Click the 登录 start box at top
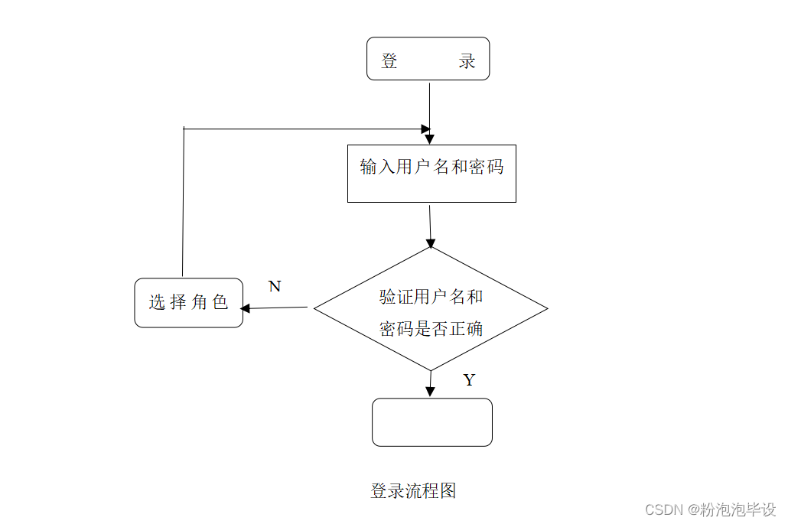(x=428, y=59)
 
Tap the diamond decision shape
(x=431, y=309)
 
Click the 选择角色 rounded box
(x=188, y=303)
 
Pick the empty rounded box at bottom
(x=431, y=422)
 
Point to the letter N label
(x=275, y=287)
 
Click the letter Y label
(x=469, y=380)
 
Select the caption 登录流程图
(x=413, y=491)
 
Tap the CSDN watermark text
(x=710, y=509)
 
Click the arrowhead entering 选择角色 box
(x=246, y=309)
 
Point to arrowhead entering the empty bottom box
(x=430, y=391)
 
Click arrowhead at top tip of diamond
(x=431, y=242)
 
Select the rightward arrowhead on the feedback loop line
(x=425, y=129)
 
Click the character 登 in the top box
(x=389, y=62)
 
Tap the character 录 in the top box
(x=467, y=62)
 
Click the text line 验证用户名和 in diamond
(x=431, y=297)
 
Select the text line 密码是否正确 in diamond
(x=431, y=329)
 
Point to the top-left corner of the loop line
(x=184, y=129)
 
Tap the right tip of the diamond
(x=546, y=308)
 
